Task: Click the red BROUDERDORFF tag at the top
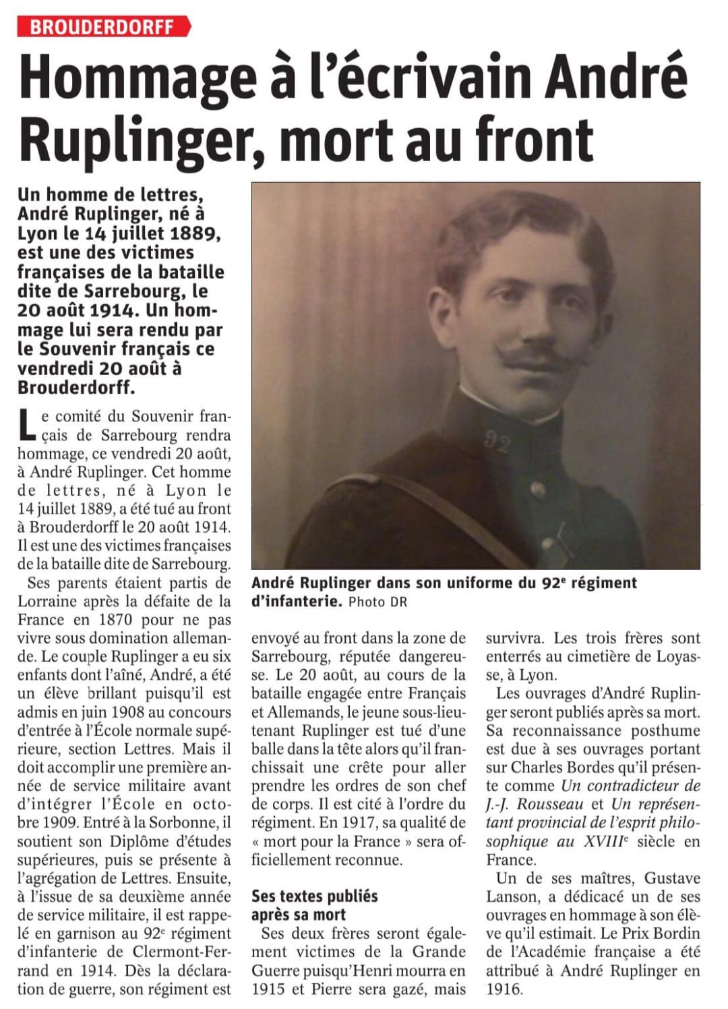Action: point(103,26)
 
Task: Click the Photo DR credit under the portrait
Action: point(378,602)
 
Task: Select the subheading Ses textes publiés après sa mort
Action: point(314,905)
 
